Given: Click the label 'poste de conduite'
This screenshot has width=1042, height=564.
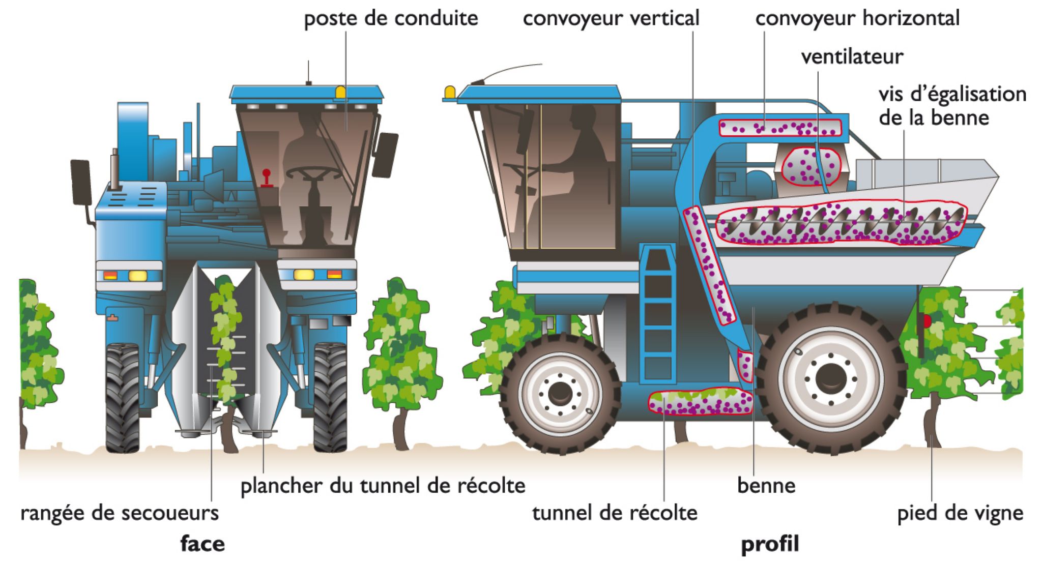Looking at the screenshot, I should (x=391, y=19).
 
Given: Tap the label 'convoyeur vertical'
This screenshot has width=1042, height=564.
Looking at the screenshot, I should (x=611, y=19).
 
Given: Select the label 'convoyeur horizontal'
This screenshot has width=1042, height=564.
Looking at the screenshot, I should (x=857, y=19).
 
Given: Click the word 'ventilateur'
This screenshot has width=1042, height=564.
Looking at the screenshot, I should (x=852, y=56).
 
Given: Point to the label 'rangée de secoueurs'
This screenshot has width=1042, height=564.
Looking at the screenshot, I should (x=120, y=513).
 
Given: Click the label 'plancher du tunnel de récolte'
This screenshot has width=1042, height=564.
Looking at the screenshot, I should (x=383, y=486).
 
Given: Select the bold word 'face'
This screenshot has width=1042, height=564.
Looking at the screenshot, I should (x=202, y=544).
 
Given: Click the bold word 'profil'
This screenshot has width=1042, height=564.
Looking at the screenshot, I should (x=770, y=544).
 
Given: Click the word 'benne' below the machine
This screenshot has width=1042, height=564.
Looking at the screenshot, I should (x=766, y=486).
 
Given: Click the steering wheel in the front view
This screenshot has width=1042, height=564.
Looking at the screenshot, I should (x=313, y=174).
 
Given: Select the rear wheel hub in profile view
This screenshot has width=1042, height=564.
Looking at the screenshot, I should (x=830, y=378).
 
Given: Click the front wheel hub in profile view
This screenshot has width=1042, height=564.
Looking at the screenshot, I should (x=560, y=392).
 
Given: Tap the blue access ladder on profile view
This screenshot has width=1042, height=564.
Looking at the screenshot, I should (x=658, y=315).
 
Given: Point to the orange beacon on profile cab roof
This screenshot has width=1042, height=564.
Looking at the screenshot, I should (x=450, y=92).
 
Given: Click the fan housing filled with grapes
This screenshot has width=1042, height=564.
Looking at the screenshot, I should (x=811, y=166).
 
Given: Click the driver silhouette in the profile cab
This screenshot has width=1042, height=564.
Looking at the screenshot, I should (x=585, y=153).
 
